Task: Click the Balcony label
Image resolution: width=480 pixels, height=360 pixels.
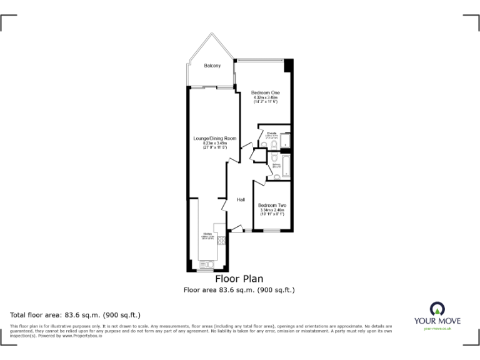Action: [212, 66]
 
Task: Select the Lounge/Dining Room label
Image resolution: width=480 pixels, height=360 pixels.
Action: [214, 138]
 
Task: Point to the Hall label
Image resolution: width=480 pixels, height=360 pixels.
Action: [241, 200]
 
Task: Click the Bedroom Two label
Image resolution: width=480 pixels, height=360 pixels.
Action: [272, 205]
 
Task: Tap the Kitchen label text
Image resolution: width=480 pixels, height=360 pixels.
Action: [207, 233]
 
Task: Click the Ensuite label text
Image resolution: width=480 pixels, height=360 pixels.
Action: [272, 133]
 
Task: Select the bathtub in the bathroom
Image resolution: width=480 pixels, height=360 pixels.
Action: [286, 166]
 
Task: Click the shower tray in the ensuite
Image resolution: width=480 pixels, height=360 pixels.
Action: [285, 143]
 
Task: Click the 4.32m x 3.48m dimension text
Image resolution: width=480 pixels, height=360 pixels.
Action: [265, 97]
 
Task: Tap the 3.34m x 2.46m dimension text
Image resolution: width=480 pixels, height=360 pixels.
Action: [272, 210]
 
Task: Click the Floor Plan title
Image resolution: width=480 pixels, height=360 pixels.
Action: [239, 279]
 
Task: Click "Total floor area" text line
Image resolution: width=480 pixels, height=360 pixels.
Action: [76, 314]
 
